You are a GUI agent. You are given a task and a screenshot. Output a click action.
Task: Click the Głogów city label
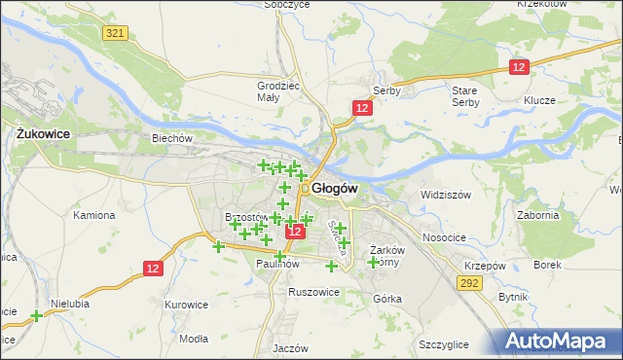(x=336, y=188)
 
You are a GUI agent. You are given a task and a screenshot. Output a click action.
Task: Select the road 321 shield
(x=114, y=33)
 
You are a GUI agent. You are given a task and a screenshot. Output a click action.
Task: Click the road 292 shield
(x=470, y=283)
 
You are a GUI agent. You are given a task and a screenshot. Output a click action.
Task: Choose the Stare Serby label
(x=464, y=95)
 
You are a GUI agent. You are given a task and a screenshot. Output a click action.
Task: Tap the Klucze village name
(x=538, y=100)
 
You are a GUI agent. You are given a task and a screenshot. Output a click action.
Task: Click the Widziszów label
(x=445, y=195)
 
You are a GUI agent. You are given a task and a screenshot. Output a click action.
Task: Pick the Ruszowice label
(x=313, y=292)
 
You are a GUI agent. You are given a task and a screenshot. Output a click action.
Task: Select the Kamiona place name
(x=94, y=214)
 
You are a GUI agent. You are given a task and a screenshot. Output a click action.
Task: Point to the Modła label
(x=194, y=339)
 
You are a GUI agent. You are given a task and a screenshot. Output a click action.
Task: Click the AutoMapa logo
(x=557, y=341)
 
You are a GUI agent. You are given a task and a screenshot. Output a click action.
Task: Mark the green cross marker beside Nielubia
(x=36, y=315)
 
